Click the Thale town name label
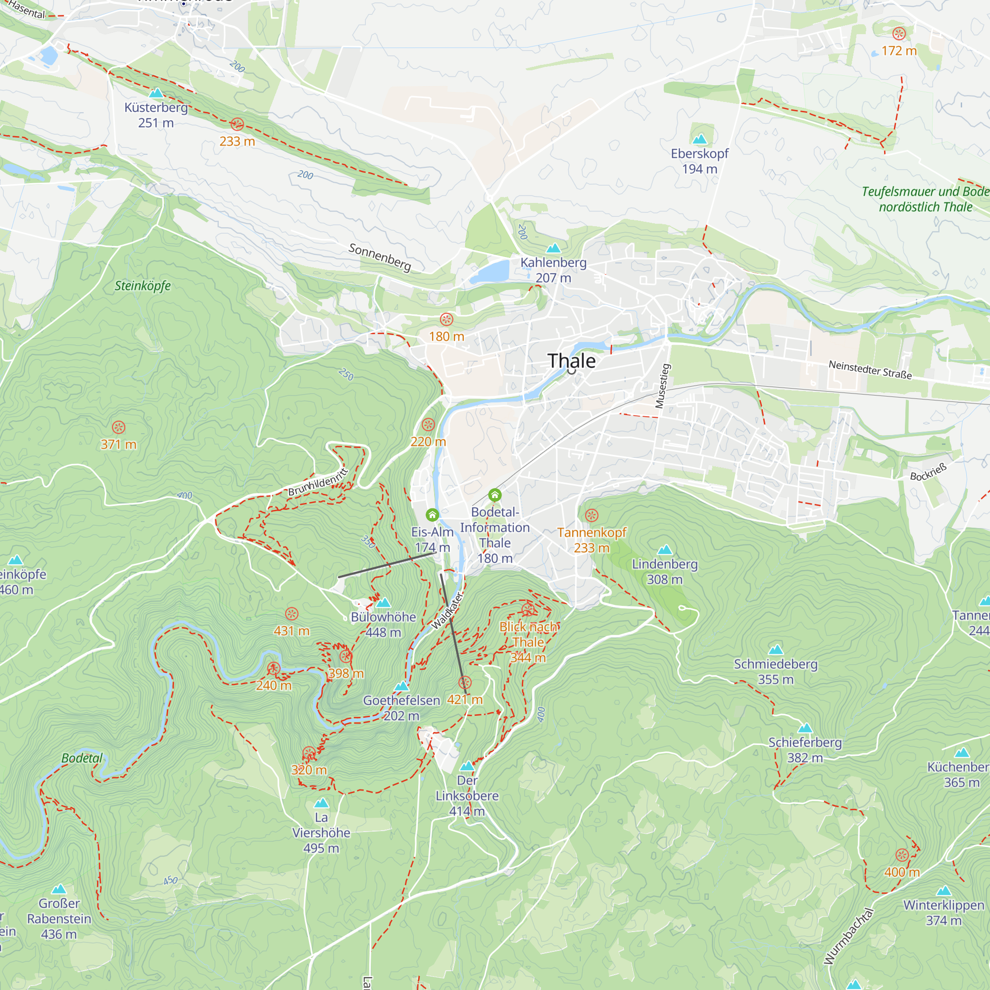tap(571, 361)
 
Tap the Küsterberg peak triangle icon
tap(156, 93)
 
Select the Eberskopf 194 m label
tap(699, 161)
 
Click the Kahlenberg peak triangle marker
tap(553, 248)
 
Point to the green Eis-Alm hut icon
tap(432, 514)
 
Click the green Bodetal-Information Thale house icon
tap(495, 495)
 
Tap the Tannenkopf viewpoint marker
tap(592, 515)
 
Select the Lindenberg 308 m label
tap(665, 571)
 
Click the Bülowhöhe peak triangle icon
tap(383, 602)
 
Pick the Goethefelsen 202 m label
tap(401, 708)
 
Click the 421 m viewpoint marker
tap(465, 683)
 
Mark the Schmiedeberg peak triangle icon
tap(776, 650)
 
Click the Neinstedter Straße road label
tap(870, 370)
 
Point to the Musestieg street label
tap(663, 386)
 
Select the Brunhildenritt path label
tap(318, 482)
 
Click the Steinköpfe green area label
tap(143, 286)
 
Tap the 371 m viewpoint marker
tap(118, 427)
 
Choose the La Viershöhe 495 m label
tap(321, 833)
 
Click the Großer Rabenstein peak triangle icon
tap(59, 889)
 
